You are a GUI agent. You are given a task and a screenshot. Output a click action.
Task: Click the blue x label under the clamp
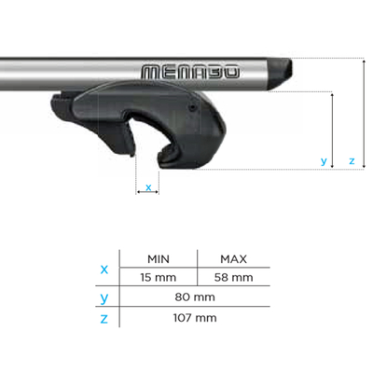click(147, 188)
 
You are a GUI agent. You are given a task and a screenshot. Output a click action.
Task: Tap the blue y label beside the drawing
click(324, 161)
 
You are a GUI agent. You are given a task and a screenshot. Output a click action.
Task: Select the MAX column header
click(233, 259)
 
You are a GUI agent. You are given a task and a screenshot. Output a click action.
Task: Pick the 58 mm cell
click(233, 277)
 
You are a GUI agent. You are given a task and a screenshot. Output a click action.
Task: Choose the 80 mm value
click(197, 297)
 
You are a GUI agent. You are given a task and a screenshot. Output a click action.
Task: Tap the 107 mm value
click(197, 318)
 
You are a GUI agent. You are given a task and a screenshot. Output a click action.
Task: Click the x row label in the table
click(104, 269)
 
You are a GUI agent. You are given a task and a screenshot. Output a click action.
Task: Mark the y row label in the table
click(104, 298)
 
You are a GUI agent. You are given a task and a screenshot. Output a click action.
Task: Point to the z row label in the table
click(104, 319)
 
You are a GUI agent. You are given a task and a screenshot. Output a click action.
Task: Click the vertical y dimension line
click(333, 131)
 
